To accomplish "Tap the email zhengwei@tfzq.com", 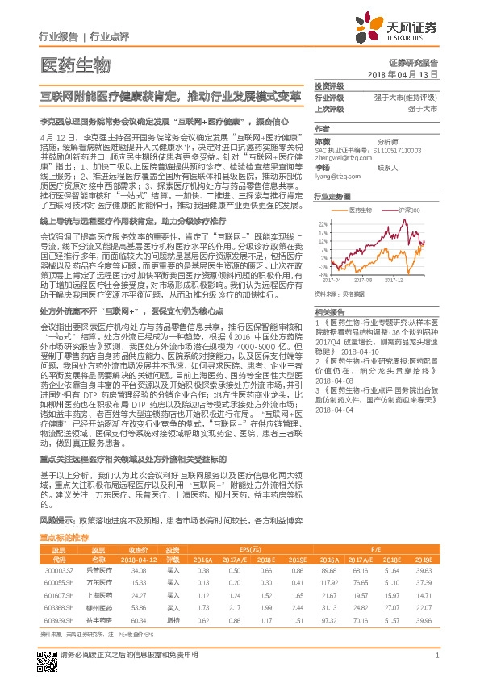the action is click(x=339, y=158).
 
